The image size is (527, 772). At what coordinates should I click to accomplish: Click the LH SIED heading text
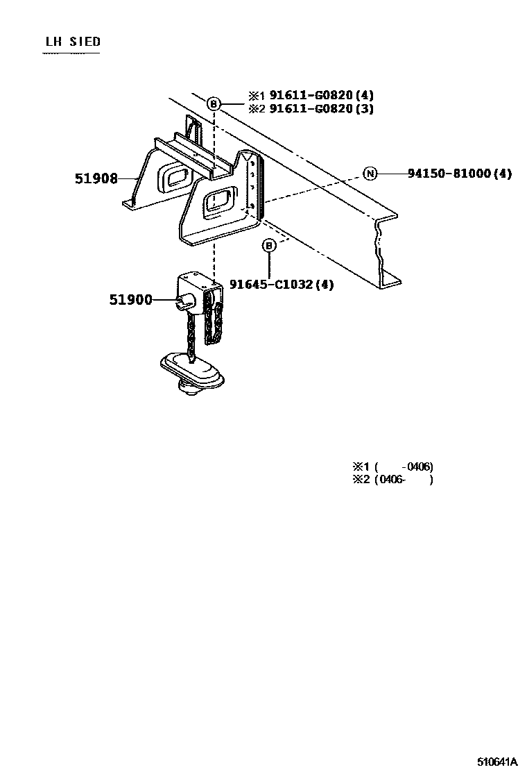[73, 42]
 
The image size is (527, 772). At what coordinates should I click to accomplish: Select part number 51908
[96, 178]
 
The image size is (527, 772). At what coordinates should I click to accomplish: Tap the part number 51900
[130, 300]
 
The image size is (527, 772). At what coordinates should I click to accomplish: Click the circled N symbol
[370, 174]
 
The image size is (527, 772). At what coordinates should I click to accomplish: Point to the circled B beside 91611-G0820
[214, 103]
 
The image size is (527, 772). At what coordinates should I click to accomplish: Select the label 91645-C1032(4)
[282, 284]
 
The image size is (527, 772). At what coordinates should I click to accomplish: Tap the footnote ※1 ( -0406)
[393, 467]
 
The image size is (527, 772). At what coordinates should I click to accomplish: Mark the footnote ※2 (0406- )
[393, 479]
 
